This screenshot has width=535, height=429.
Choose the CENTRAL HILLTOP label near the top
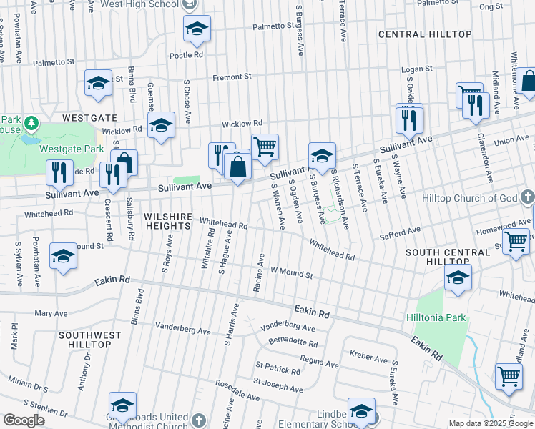tap(425, 34)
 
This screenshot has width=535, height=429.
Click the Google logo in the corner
tap(24, 420)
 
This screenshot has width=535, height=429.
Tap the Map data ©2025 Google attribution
tap(491, 423)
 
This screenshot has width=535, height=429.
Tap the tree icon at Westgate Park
tap(31, 124)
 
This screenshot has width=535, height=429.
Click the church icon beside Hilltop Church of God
tap(527, 197)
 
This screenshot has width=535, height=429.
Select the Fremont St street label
tap(232, 77)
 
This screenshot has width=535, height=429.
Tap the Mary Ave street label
tap(51, 313)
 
